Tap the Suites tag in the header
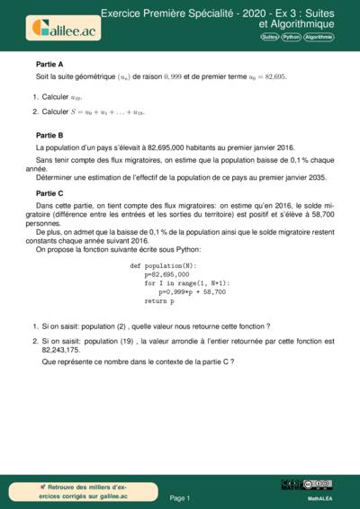tap(269, 37)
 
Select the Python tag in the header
tap(290, 37)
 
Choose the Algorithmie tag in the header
tap(318, 37)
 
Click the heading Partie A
tap(49, 65)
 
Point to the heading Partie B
tap(49, 134)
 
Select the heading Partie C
tap(49, 192)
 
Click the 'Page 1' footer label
tap(179, 496)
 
